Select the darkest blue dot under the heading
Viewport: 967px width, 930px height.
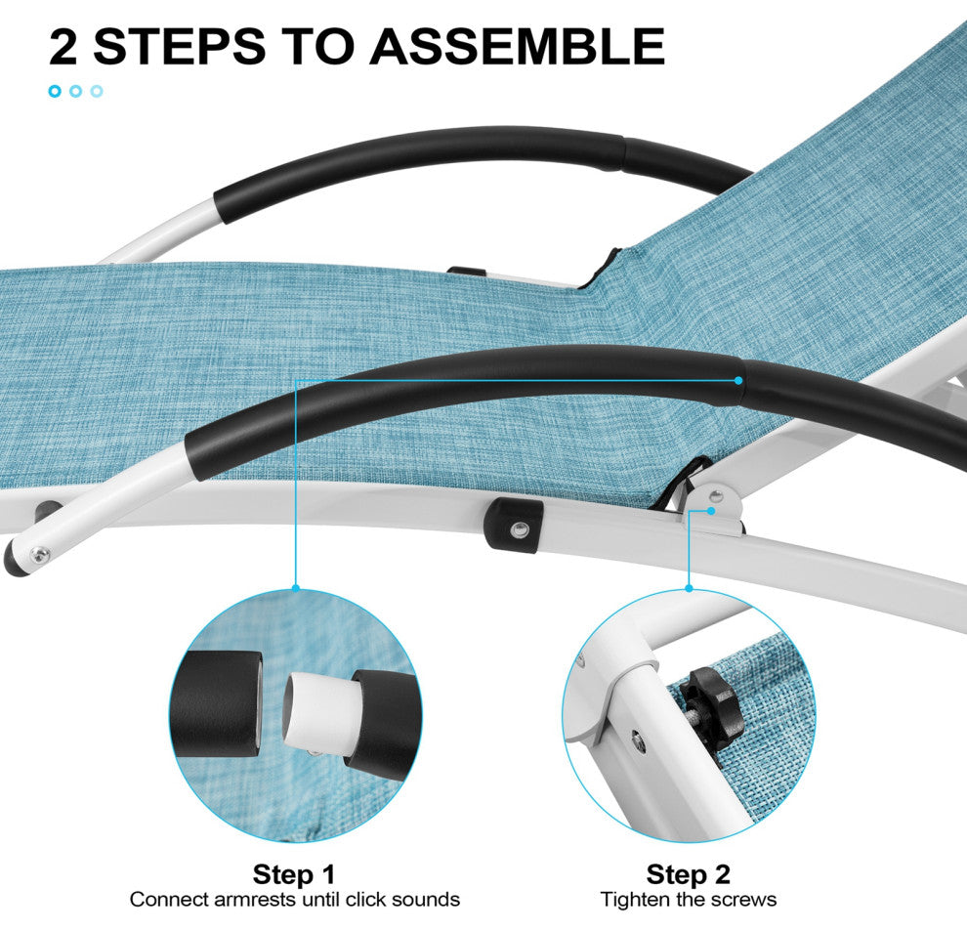click(x=55, y=91)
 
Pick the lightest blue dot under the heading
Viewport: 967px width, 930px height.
click(x=96, y=91)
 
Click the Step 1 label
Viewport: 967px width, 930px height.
click(x=294, y=874)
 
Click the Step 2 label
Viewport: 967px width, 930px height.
click(x=689, y=874)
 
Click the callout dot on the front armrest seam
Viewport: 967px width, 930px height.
click(x=738, y=381)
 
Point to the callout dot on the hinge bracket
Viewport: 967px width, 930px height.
click(x=711, y=511)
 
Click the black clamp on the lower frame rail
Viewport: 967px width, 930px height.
click(x=514, y=526)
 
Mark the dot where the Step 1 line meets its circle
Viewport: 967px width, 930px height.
click(x=296, y=589)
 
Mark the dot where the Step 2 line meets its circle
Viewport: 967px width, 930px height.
click(x=689, y=589)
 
